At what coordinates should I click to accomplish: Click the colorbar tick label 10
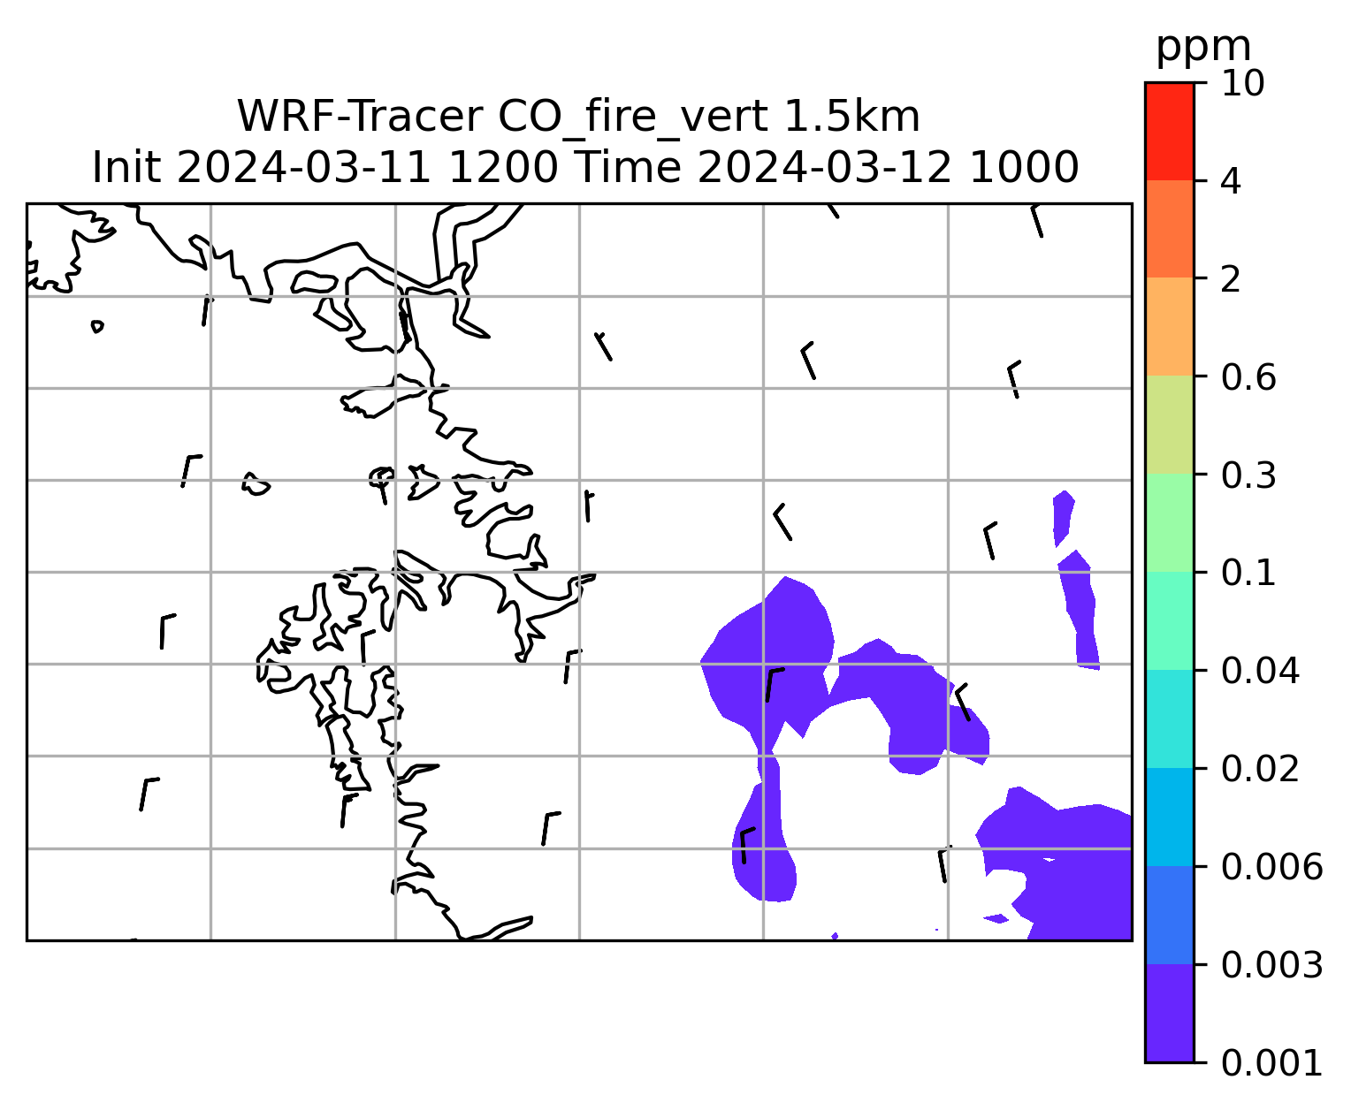1242,83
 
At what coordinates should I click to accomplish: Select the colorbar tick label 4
1231,181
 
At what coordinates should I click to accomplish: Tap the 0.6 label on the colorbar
1248,377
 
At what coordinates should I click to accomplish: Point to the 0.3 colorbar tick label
1248,475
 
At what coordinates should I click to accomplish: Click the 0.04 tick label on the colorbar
1260,671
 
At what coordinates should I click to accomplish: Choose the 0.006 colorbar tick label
1271,867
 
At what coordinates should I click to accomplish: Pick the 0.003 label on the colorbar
1271,965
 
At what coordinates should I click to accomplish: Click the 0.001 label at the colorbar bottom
1271,1063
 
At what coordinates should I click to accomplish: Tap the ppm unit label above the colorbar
1203,48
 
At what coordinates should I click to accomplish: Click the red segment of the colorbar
1169,131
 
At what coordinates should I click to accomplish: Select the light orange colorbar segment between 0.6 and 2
1169,326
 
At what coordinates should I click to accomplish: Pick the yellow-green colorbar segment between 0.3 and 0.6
1169,424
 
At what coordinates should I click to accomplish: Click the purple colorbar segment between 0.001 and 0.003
1169,1014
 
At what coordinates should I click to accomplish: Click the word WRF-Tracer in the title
360,117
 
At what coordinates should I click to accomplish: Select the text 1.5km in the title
851,117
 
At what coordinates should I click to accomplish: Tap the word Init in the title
126,168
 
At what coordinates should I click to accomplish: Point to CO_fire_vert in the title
633,118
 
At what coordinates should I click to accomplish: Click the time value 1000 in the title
1024,168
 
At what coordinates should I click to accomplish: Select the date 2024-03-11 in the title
303,168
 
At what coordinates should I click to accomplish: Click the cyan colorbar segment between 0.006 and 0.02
1169,817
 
